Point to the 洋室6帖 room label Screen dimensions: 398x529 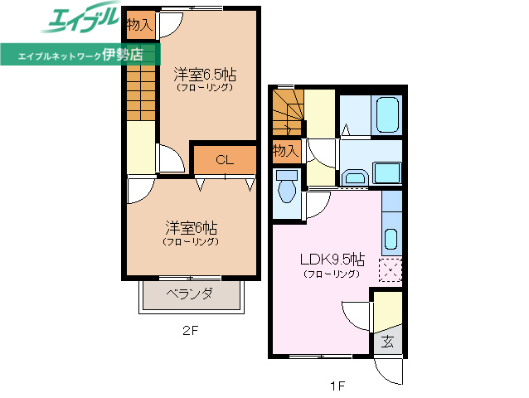click(x=191, y=227)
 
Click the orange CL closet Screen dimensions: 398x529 click(x=224, y=159)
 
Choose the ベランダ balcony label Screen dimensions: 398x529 click(x=190, y=294)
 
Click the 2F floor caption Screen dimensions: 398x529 click(x=191, y=331)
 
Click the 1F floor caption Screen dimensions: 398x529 click(x=335, y=384)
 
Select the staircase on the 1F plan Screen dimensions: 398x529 click(x=288, y=113)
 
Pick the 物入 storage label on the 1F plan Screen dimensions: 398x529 click(x=286, y=151)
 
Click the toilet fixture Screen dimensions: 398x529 click(x=288, y=188)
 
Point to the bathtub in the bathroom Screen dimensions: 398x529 click(x=387, y=115)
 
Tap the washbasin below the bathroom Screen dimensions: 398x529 click(x=355, y=177)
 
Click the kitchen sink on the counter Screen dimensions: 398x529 click(x=391, y=240)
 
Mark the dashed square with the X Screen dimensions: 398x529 click(x=390, y=271)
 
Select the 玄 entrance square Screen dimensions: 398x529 click(x=387, y=340)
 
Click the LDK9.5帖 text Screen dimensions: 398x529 click(x=331, y=258)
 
